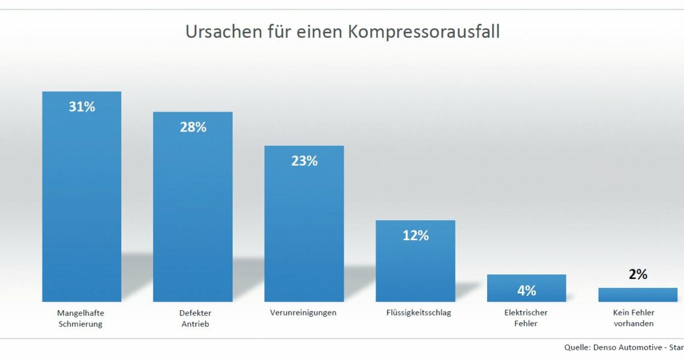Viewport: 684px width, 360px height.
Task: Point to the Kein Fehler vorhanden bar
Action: pyautogui.click(x=638, y=295)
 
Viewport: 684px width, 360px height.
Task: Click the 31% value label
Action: pyautogui.click(x=82, y=107)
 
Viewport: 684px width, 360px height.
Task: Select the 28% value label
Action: pyautogui.click(x=193, y=127)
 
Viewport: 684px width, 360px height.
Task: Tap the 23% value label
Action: pyautogui.click(x=304, y=161)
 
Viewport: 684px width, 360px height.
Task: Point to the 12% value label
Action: pyautogui.click(x=415, y=236)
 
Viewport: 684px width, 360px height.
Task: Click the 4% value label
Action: pyautogui.click(x=526, y=290)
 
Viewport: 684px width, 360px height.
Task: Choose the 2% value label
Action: pyautogui.click(x=638, y=274)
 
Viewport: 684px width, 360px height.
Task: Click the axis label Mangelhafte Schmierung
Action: pyautogui.click(x=80, y=318)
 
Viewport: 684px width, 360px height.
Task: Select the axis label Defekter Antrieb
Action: pyautogui.click(x=195, y=318)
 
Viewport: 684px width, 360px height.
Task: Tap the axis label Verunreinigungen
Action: pyautogui.click(x=303, y=313)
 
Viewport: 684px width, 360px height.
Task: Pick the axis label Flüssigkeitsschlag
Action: pyautogui.click(x=418, y=313)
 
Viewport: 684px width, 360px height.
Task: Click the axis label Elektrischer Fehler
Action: pyautogui.click(x=526, y=318)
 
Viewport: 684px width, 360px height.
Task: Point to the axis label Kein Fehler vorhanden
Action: pyautogui.click(x=634, y=318)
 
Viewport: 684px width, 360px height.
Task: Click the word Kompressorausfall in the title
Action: pyautogui.click(x=424, y=32)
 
